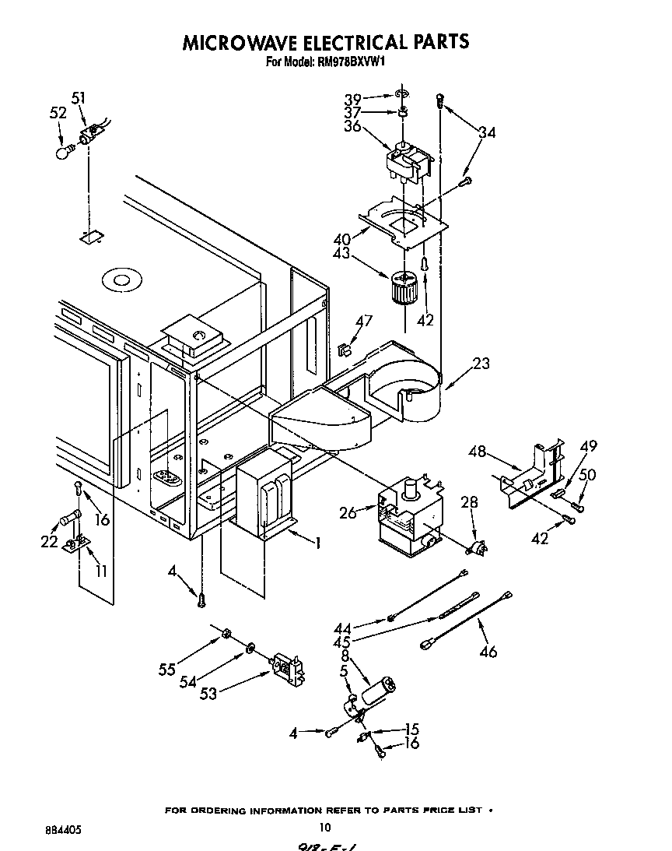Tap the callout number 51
point(79,98)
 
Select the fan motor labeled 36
point(408,160)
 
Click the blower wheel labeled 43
point(404,286)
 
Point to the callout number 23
point(481,363)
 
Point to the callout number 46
point(489,652)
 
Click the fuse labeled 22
point(69,519)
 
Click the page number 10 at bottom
point(325,827)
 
